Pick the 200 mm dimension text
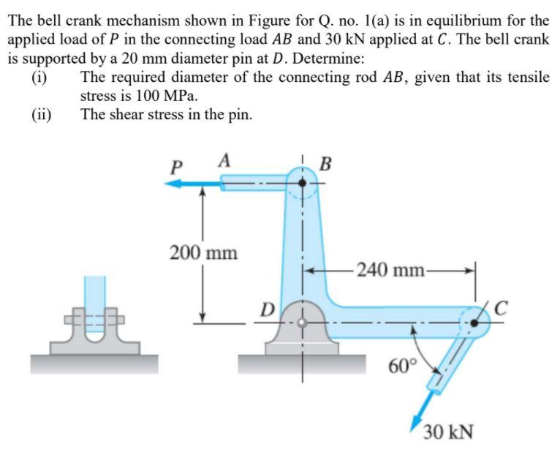point(203,253)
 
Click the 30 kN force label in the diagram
point(448,432)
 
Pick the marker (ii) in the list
point(42,114)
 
